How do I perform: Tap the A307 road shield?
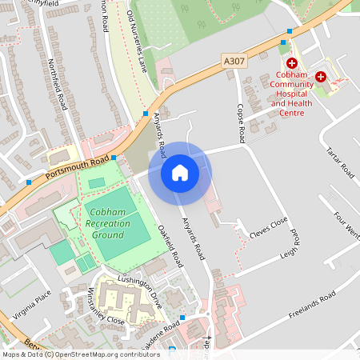[x=234, y=61]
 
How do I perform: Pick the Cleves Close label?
[x=268, y=227]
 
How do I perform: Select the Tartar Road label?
[x=340, y=161]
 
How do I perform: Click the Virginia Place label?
[x=32, y=304]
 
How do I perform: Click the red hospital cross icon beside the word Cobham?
[x=292, y=62]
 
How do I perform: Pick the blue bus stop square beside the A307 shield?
[x=283, y=42]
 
